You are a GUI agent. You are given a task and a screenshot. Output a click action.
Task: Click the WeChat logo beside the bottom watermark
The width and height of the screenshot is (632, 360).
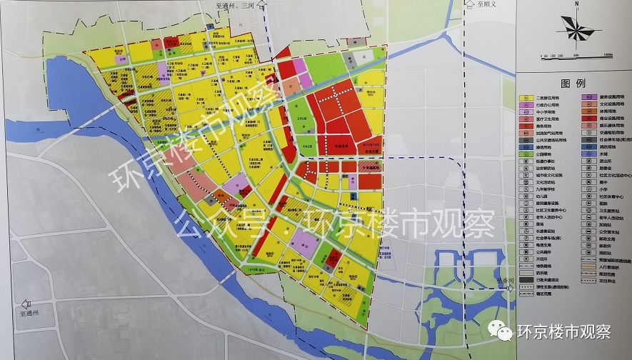501,331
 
